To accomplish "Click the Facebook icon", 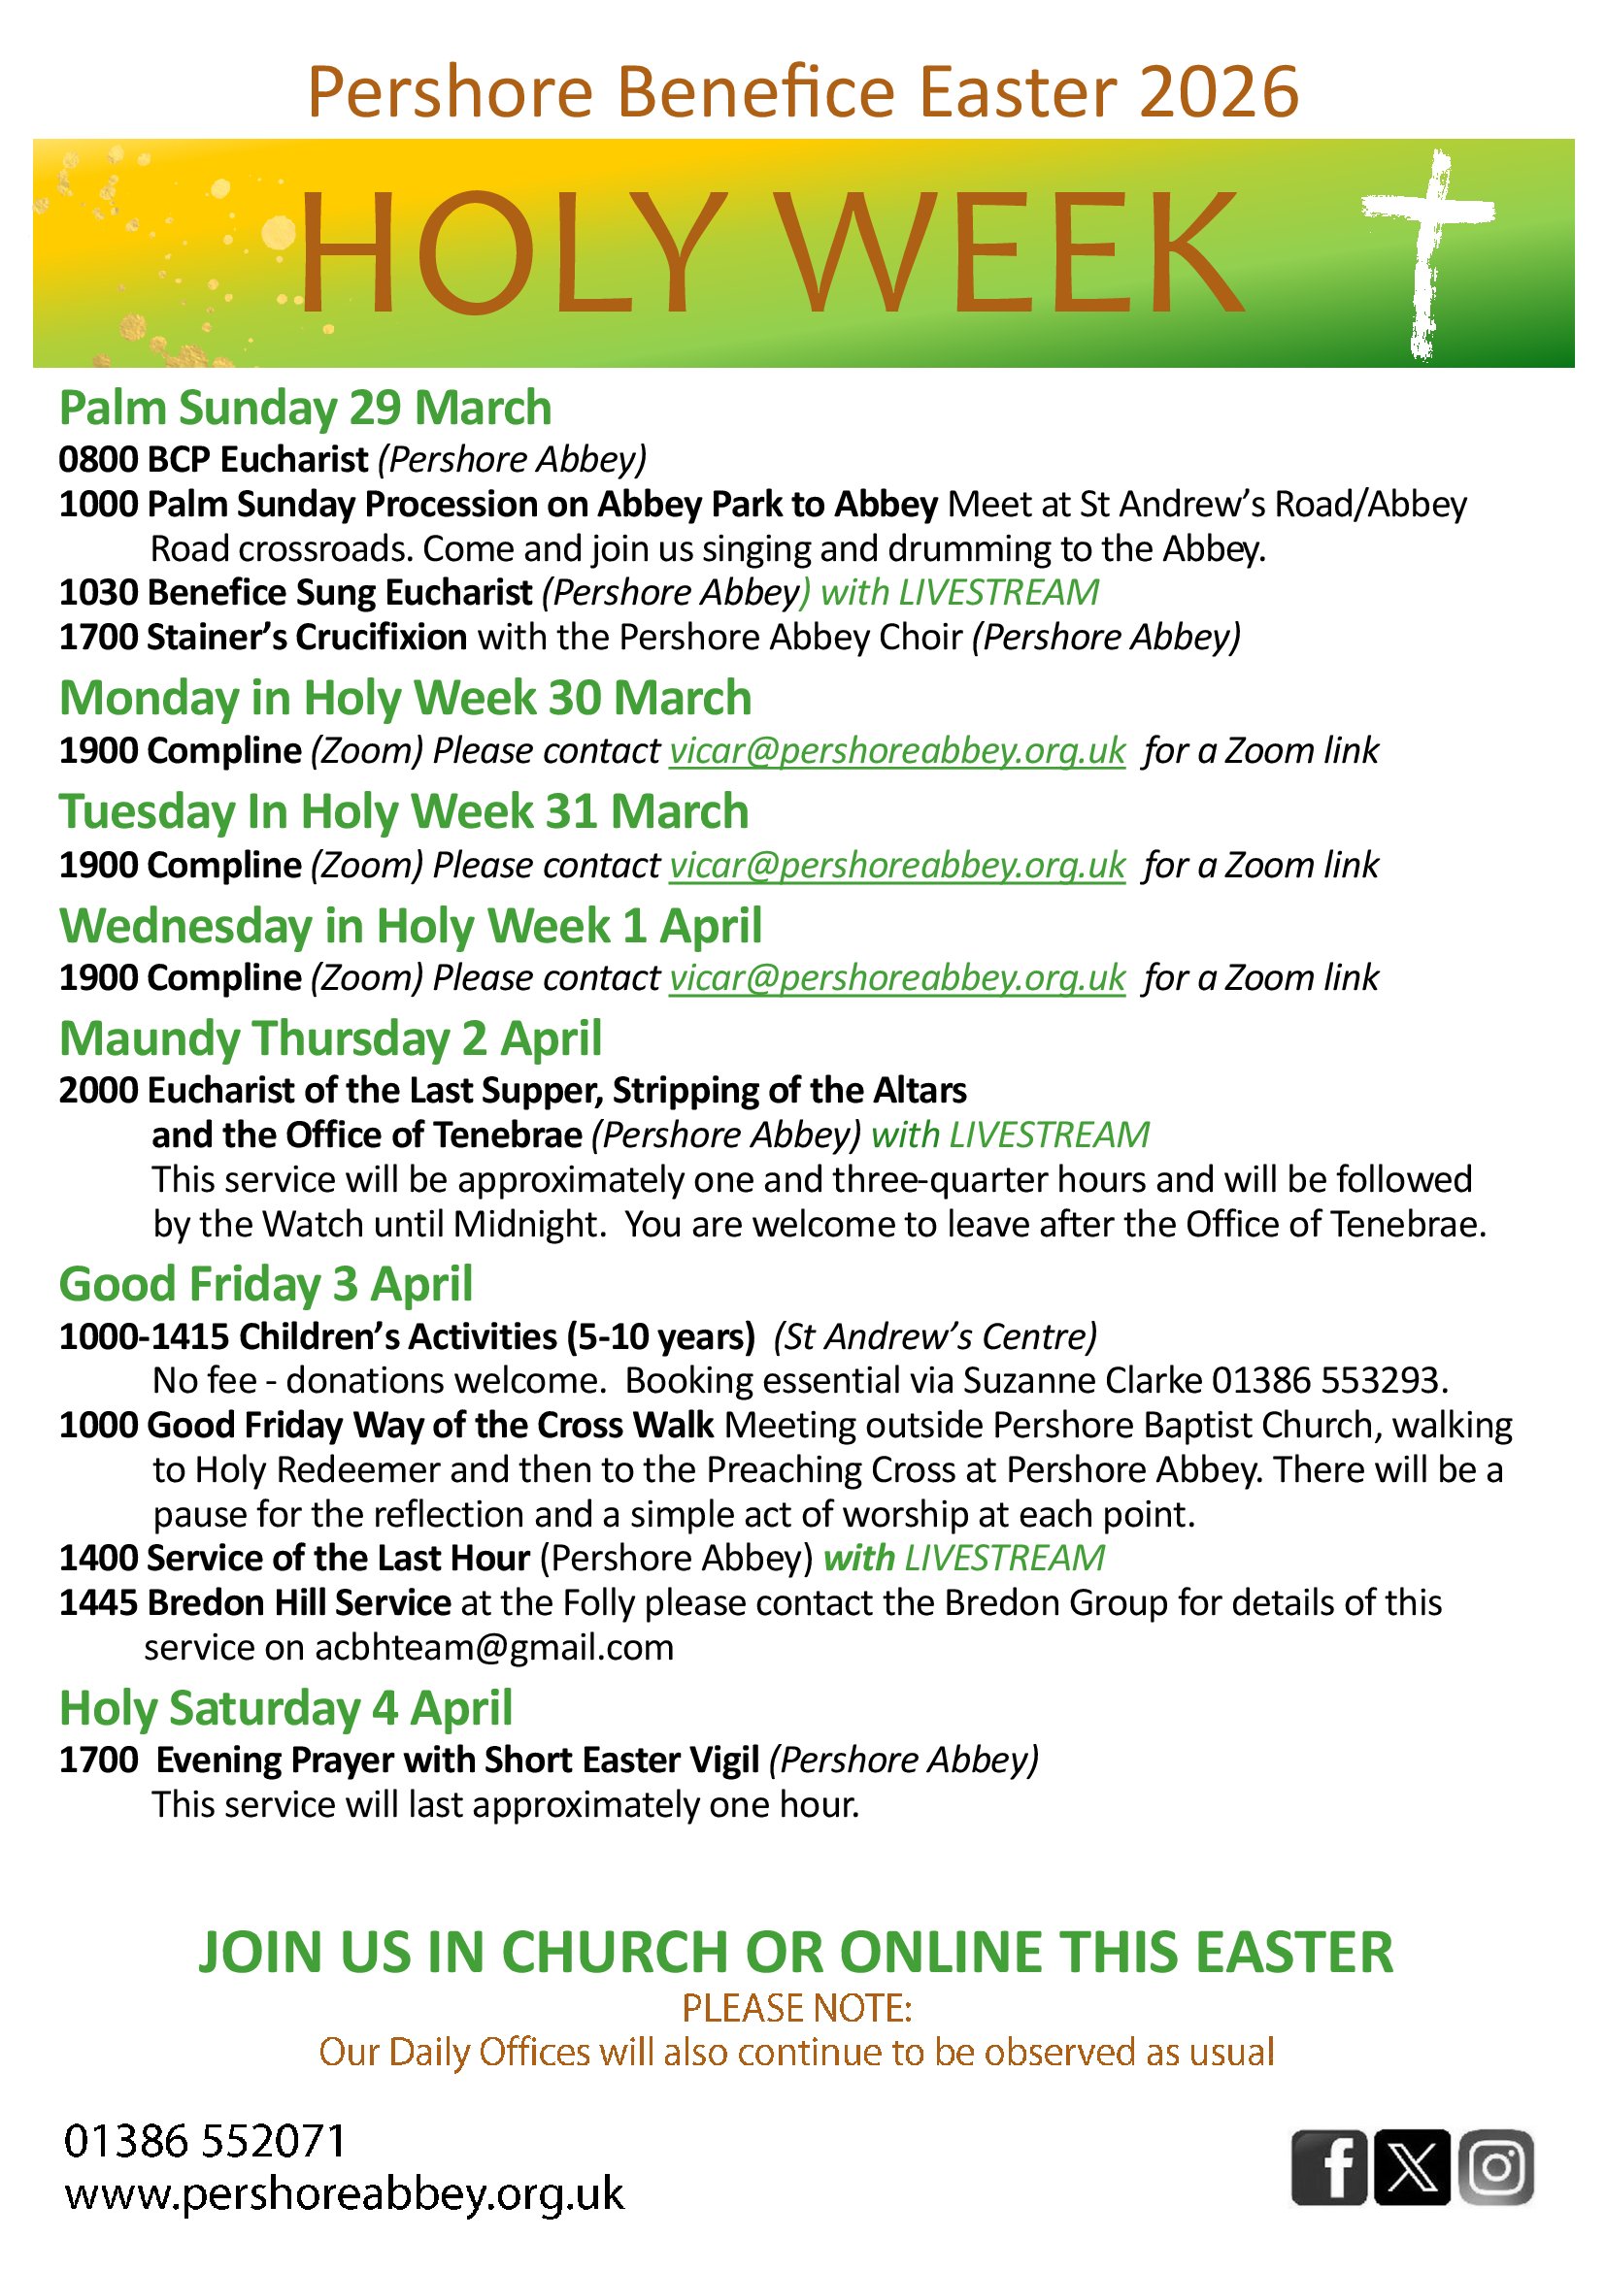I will [x=1329, y=2166].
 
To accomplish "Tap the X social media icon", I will [x=1412, y=2166].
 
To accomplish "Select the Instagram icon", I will [x=1495, y=2166].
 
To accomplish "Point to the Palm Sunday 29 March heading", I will [x=305, y=408].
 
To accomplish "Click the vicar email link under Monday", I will [x=896, y=751].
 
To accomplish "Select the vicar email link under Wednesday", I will [x=896, y=977].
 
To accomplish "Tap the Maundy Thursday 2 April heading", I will [x=330, y=1037].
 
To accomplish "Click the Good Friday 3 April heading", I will [x=266, y=1284].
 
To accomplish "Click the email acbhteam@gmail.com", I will [x=494, y=1647].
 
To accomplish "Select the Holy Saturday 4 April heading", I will [x=286, y=1707].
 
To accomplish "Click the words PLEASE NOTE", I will [x=796, y=2008].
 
